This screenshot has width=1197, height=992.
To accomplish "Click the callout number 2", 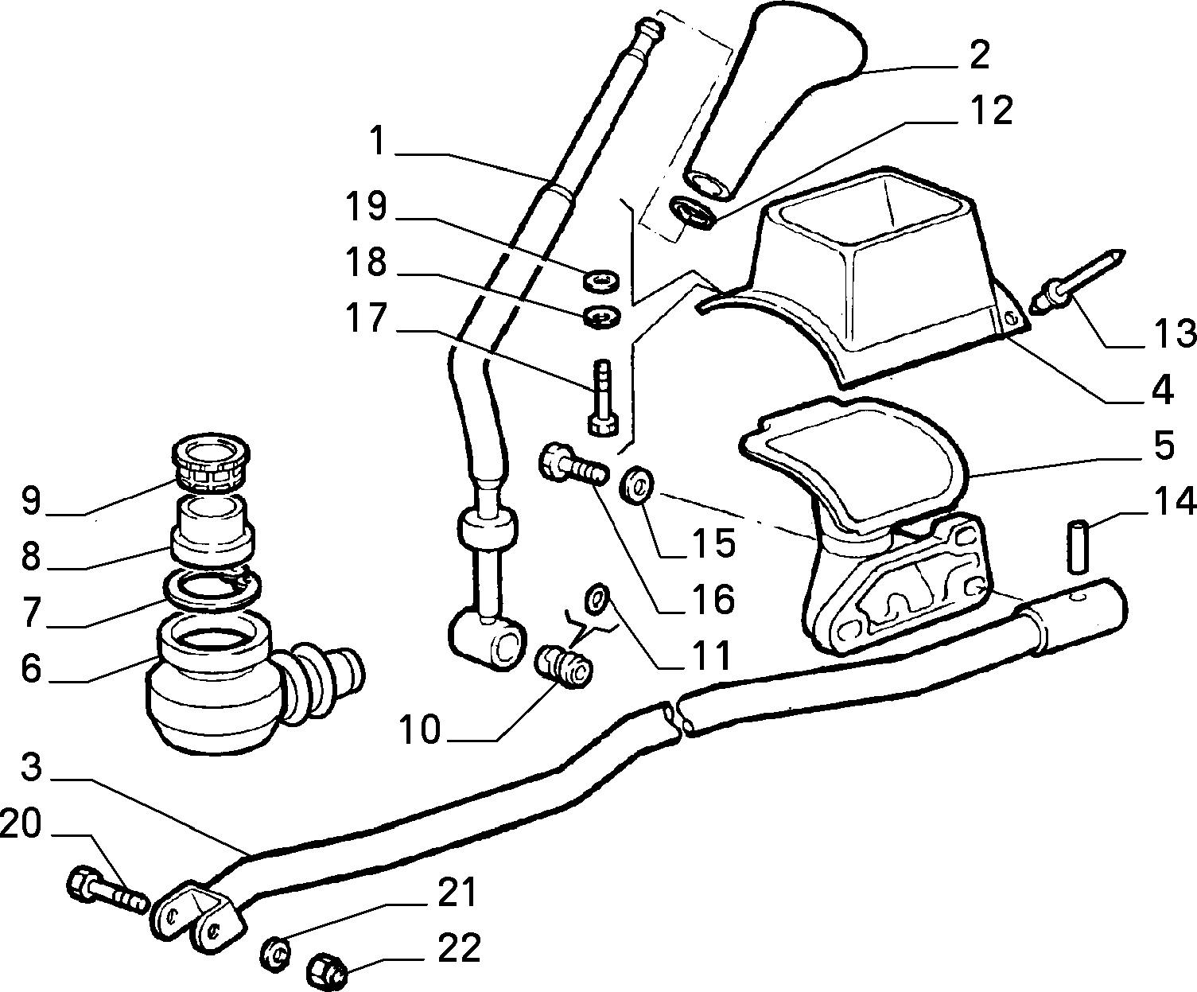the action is point(979,56).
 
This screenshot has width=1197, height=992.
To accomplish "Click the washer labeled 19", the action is point(600,280).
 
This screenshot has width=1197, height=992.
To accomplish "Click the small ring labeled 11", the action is point(597,599).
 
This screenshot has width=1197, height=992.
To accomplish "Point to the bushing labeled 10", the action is point(564,667).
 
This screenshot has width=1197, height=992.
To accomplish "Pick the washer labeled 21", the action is point(276,952).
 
